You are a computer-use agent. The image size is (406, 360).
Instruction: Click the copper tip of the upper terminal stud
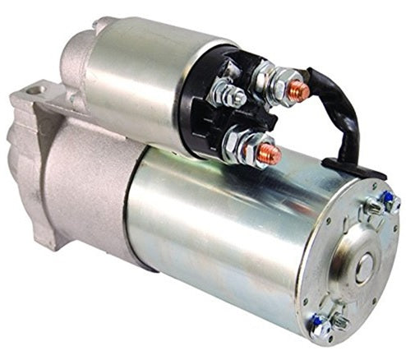(300, 91)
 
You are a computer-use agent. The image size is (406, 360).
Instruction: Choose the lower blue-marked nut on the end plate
(318, 326)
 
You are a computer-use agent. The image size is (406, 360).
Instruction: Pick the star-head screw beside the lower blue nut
(337, 316)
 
